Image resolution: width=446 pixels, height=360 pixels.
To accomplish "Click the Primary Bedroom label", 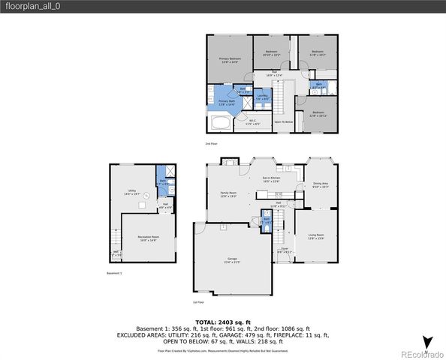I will coord(230,60).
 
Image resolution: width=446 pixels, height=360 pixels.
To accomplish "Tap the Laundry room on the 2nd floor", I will coord(262,97).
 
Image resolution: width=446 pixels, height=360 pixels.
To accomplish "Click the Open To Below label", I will coord(283,121).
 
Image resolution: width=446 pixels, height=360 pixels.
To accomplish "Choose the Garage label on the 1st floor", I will coord(231,260).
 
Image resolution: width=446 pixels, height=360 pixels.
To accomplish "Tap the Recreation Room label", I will coord(147,238).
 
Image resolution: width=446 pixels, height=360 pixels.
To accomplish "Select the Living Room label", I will coord(315,238).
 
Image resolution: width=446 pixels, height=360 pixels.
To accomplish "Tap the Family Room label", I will coord(228,194).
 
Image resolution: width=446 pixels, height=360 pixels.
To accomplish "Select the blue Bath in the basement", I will coord(163,182).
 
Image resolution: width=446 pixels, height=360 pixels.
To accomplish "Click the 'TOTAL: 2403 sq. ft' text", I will coord(222,321).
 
